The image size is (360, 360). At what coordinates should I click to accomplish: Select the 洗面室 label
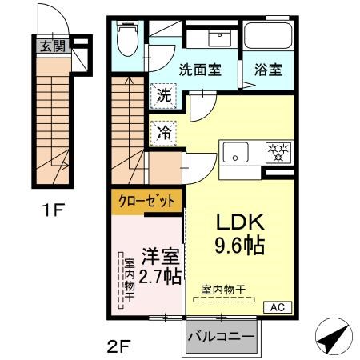tap(200, 69)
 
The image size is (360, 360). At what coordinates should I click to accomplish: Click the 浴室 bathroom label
tap(269, 69)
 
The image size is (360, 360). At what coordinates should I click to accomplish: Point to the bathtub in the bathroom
tap(269, 35)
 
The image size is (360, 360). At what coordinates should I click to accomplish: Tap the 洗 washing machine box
tap(163, 94)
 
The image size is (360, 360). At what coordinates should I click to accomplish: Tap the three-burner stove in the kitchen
tap(277, 150)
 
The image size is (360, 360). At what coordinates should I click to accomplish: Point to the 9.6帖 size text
tap(236, 243)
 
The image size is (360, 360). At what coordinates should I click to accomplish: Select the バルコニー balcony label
tap(222, 336)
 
